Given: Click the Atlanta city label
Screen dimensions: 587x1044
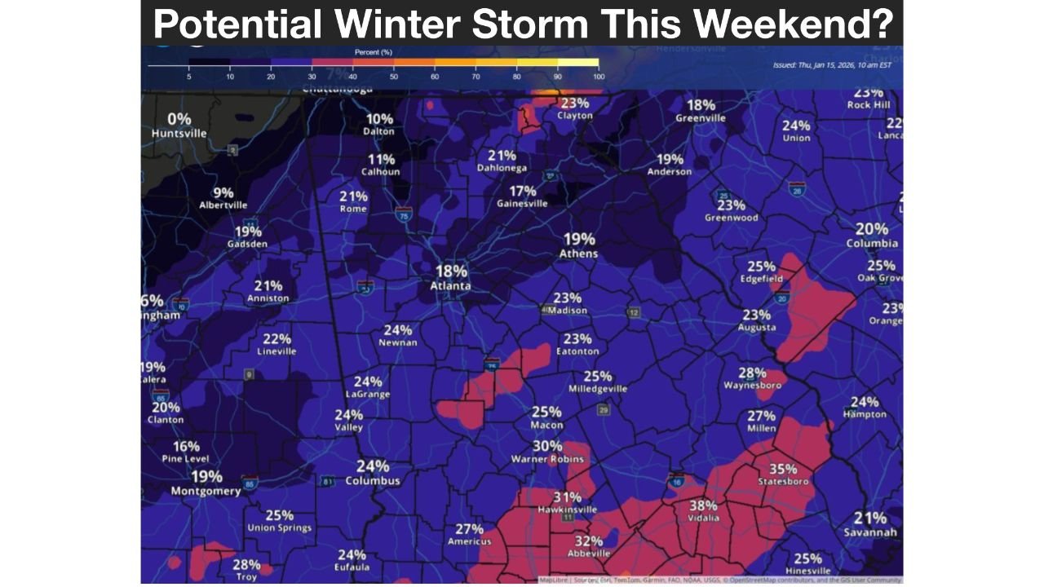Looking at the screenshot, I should (450, 286).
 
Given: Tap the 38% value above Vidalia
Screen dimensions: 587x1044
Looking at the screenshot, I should (703, 505).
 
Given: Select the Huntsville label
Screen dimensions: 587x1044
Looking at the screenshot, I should (179, 134).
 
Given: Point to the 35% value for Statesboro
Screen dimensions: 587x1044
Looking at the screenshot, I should (783, 469).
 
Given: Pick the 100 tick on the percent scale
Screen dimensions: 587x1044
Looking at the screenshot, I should (599, 77).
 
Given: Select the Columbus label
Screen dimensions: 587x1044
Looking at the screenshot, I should (373, 481).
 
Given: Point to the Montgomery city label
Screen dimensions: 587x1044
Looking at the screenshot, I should (206, 491).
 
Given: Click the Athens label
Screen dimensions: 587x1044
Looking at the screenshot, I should (578, 254).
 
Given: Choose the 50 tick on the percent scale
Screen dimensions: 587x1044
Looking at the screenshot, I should (394, 77).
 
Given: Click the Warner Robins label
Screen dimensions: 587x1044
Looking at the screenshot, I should (547, 459).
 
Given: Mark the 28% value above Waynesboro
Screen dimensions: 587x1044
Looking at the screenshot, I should (752, 373).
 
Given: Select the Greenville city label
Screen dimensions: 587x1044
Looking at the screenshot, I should (701, 118).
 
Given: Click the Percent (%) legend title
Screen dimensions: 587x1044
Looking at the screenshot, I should (374, 52).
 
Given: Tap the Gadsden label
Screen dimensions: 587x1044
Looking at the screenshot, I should (248, 245).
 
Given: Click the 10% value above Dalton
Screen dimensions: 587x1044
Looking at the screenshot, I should (379, 119).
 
